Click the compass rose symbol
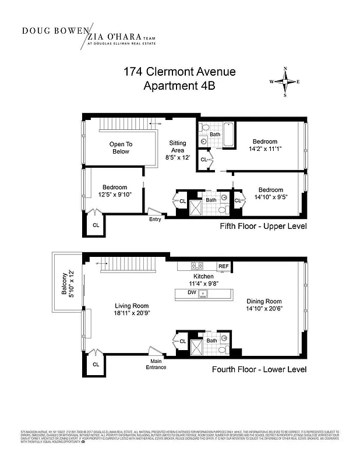click(x=285, y=82)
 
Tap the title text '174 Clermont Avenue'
click(x=179, y=72)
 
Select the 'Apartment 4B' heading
click(x=179, y=87)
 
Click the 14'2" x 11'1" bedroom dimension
click(x=264, y=149)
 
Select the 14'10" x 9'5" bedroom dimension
click(x=270, y=197)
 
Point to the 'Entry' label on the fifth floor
click(x=155, y=219)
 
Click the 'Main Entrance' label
click(x=156, y=364)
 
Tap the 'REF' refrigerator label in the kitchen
click(x=224, y=266)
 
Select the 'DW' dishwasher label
click(x=192, y=293)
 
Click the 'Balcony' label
click(x=65, y=285)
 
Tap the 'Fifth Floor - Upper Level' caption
click(x=263, y=226)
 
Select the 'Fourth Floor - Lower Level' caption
click(x=259, y=369)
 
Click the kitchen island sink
click(x=203, y=293)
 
